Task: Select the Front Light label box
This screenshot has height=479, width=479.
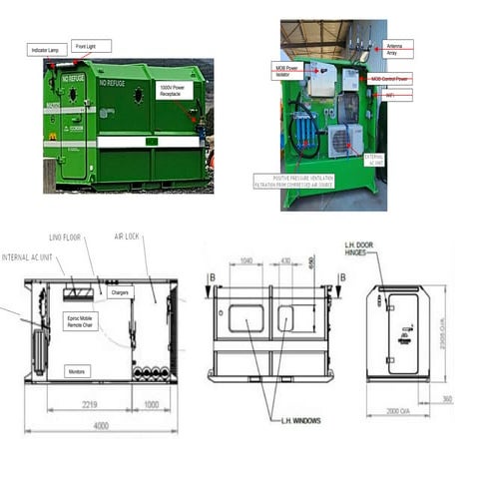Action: (91, 45)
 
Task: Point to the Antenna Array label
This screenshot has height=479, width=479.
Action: (398, 47)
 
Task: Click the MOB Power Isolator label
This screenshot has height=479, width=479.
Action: (286, 71)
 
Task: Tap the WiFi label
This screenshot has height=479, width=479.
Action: (391, 95)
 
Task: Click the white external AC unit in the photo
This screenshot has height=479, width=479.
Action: (346, 140)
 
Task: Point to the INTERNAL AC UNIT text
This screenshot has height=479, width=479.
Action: (31, 256)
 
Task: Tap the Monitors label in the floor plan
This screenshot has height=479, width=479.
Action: (78, 369)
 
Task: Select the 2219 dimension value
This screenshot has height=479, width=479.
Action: (88, 406)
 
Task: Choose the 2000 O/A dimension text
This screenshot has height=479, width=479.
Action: (402, 409)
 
